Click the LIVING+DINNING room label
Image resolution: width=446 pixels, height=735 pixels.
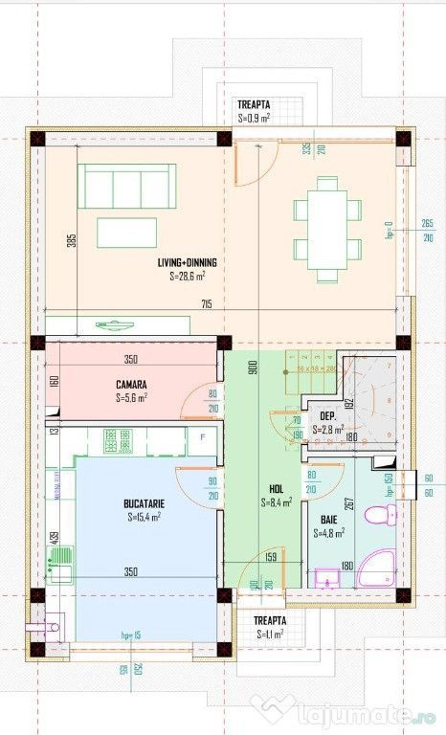tap(187, 262)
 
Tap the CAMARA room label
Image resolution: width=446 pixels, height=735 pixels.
tap(131, 384)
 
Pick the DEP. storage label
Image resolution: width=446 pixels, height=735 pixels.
tap(327, 416)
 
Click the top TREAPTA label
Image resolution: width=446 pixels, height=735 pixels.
tap(254, 104)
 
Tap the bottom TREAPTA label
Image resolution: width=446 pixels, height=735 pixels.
tap(271, 620)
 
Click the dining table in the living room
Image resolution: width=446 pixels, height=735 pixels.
tap(327, 229)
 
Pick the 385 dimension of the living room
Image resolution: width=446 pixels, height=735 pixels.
tap(71, 242)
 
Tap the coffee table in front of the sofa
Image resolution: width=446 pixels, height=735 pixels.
tap(123, 230)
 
